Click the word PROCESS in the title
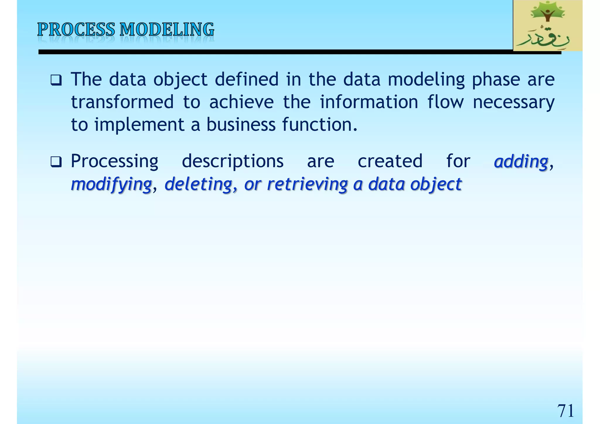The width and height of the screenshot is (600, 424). [x=76, y=30]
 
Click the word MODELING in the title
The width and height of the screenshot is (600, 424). [x=167, y=30]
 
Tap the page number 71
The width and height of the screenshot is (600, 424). [x=565, y=411]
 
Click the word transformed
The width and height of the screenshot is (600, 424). [x=122, y=102]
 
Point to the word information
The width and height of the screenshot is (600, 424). [x=369, y=102]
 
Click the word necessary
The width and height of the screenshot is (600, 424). [x=513, y=102]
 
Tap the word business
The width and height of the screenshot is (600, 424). [x=241, y=124]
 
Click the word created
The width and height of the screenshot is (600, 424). [x=390, y=161]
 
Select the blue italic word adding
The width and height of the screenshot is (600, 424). [x=521, y=162]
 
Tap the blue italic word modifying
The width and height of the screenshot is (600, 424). [x=111, y=184]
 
